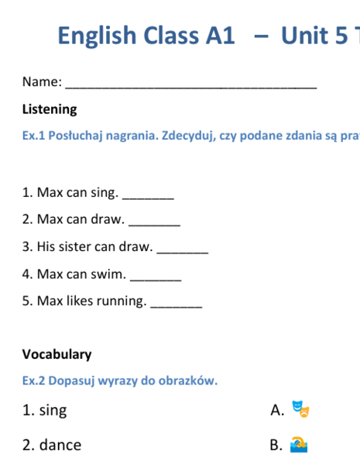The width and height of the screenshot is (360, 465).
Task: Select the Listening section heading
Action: [50, 109]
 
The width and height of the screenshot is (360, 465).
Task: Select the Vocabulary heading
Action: [57, 354]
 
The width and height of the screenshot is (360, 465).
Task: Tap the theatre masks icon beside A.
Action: [300, 409]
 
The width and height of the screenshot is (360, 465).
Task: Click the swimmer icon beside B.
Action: [299, 444]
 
